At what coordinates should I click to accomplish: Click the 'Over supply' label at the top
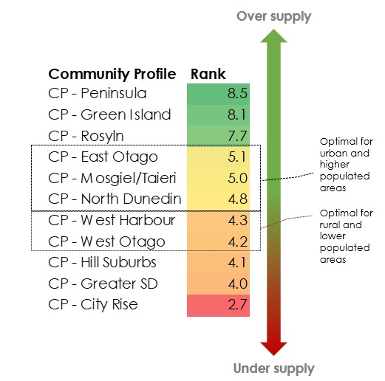pyautogui.click(x=273, y=16)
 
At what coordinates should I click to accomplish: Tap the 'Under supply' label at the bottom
pyautogui.click(x=273, y=368)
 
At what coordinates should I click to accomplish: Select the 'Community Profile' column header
pyautogui.click(x=112, y=74)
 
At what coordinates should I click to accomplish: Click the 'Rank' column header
pyautogui.click(x=208, y=74)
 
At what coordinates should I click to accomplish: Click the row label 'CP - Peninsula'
pyautogui.click(x=98, y=94)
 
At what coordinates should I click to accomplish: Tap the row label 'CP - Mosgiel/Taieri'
pyautogui.click(x=114, y=178)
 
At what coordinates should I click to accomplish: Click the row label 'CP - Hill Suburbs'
pyautogui.click(x=102, y=262)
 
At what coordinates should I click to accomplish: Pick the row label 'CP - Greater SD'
pyautogui.click(x=102, y=284)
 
